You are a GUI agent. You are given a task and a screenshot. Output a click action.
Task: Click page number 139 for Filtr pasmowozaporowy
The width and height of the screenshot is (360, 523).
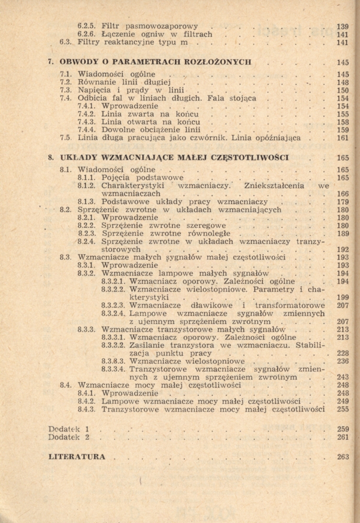tap(342, 26)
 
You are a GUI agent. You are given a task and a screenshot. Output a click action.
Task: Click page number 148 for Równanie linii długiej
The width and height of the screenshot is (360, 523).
tap(343, 83)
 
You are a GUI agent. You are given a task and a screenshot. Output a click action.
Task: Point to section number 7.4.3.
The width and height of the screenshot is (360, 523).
tap(87, 122)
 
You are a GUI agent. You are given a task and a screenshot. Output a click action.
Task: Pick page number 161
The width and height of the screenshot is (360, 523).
tap(343, 139)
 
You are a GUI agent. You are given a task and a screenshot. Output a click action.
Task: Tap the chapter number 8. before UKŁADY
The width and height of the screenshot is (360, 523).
tap(51, 157)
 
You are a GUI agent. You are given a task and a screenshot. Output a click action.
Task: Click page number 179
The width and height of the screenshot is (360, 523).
tap(343, 202)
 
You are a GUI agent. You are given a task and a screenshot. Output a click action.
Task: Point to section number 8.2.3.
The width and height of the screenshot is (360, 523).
tap(87, 234)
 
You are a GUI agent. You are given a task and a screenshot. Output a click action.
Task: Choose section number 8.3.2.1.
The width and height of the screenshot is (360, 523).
tap(113, 281)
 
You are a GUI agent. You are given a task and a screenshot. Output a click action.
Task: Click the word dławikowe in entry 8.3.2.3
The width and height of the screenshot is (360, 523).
tap(216, 305)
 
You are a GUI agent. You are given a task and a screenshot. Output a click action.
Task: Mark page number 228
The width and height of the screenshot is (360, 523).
tap(343, 353)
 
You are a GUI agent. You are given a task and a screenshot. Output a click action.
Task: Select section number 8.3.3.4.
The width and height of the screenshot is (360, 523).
tap(113, 369)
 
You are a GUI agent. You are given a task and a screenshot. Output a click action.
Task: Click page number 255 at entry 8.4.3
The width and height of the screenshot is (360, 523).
tap(343, 410)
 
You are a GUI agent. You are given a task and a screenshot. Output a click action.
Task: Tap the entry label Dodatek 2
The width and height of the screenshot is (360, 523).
tap(69, 437)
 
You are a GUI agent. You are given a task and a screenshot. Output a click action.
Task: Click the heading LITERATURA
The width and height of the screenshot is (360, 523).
tap(76, 457)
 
